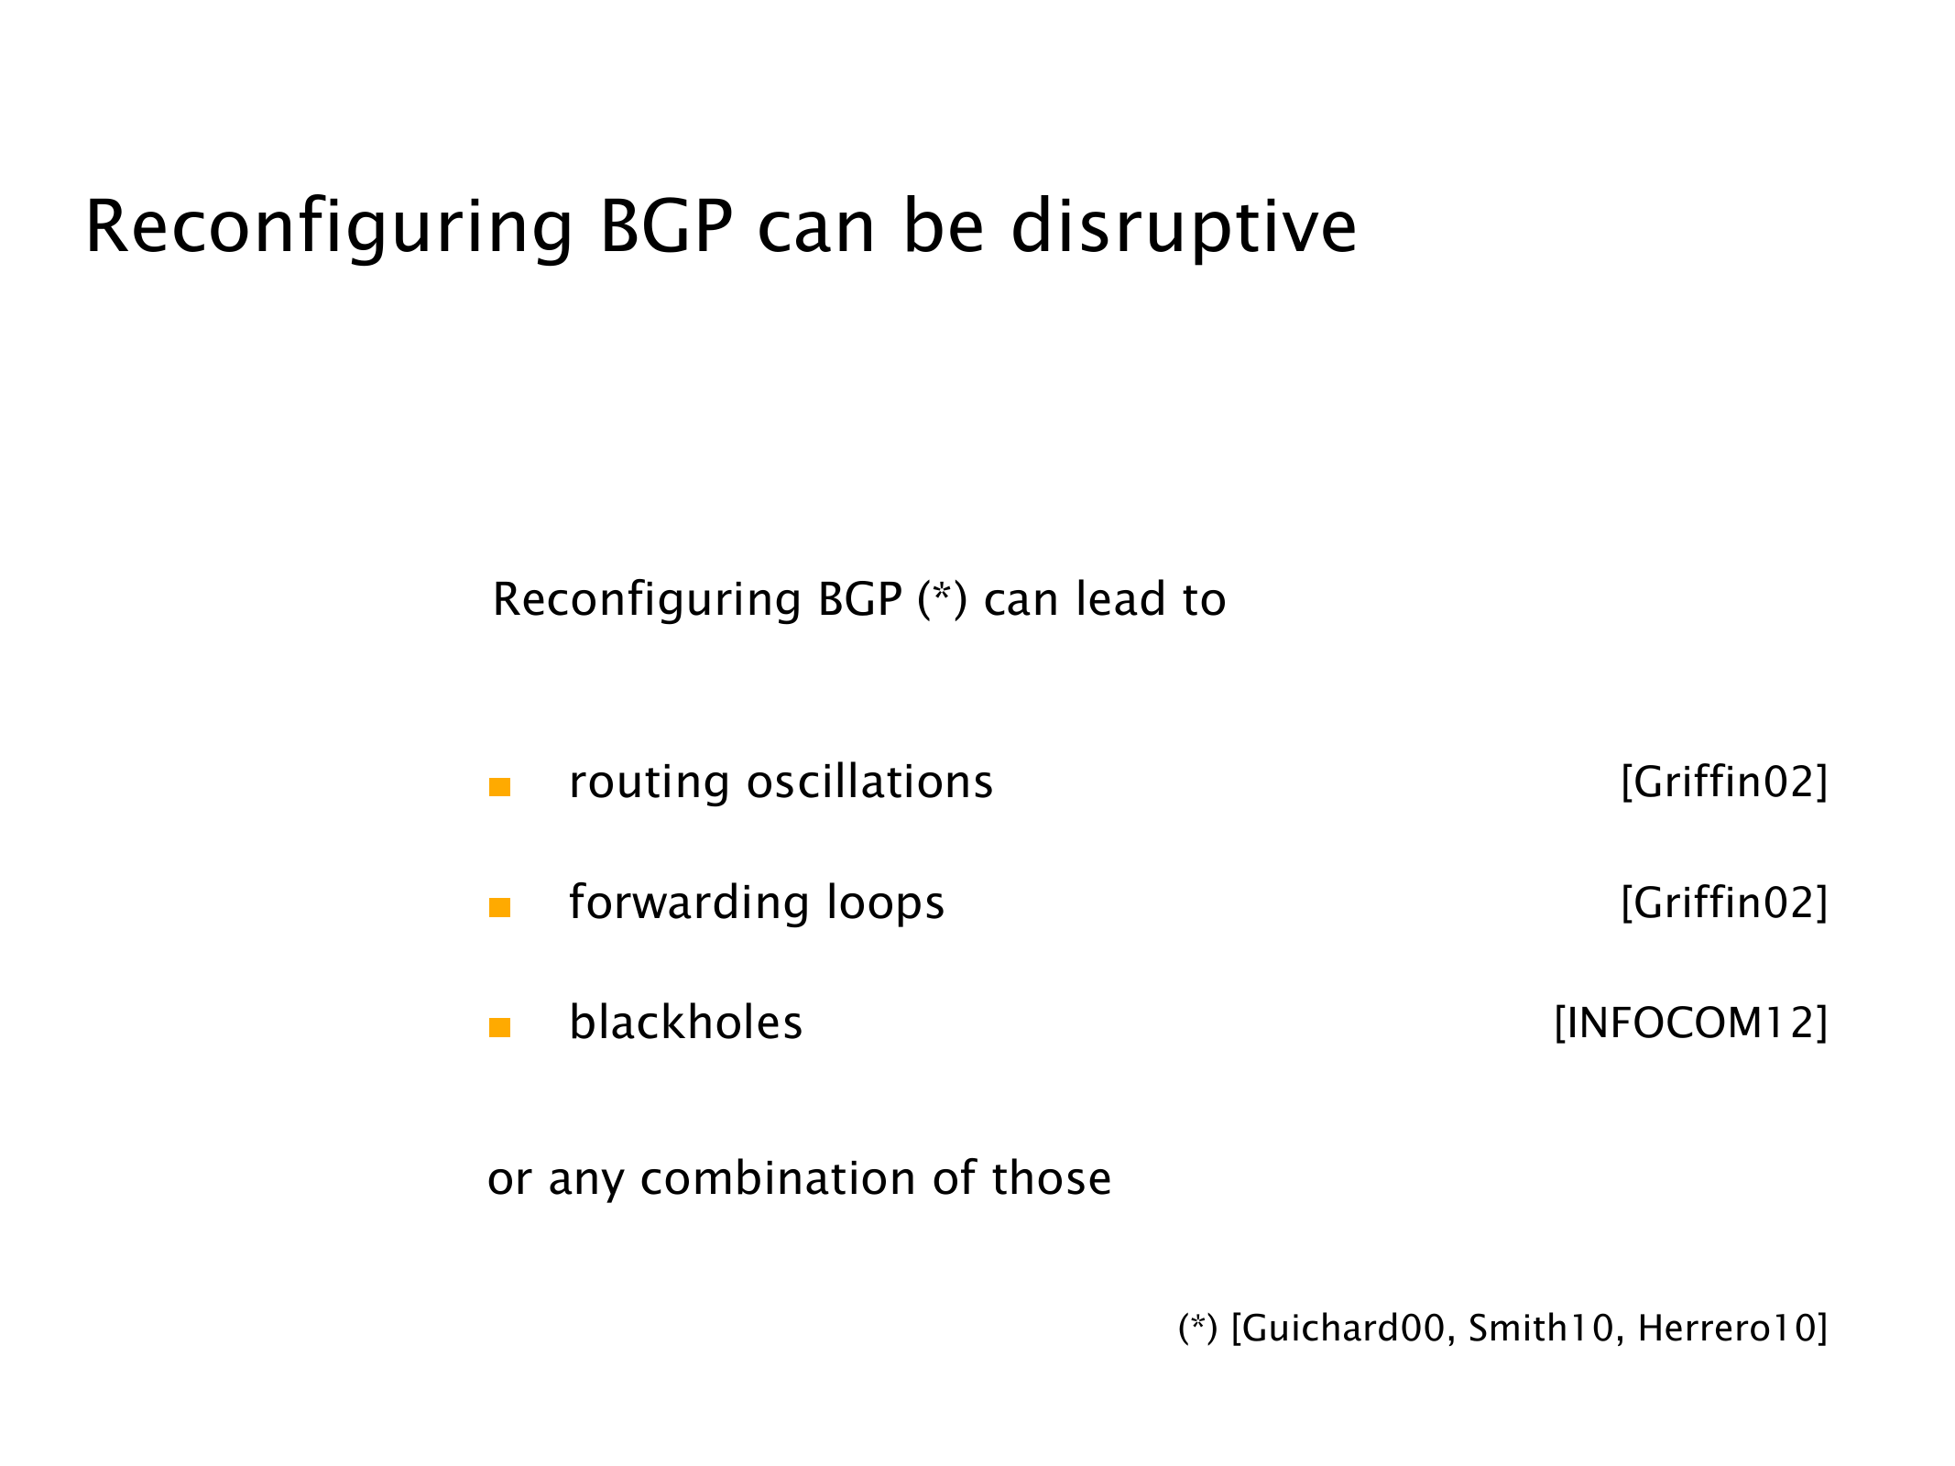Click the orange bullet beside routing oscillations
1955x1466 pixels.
tap(499, 787)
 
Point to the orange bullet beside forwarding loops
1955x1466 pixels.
tap(499, 907)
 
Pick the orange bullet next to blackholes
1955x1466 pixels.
tap(499, 1027)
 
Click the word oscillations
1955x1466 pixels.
tap(869, 782)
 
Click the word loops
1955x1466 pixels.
tap(885, 903)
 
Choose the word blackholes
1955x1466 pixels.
tap(685, 1022)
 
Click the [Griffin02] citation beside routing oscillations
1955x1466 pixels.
tap(1724, 782)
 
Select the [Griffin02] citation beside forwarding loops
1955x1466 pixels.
tap(1724, 903)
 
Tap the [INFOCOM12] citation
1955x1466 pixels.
tap(1691, 1023)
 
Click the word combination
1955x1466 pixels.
tap(777, 1178)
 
